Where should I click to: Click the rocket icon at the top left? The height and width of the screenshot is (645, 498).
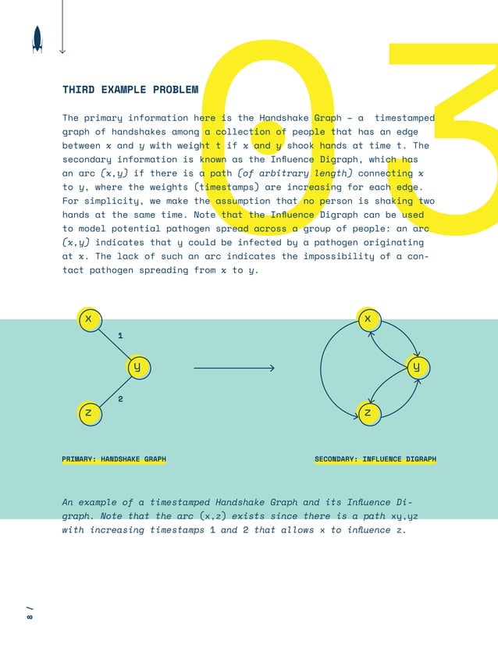[37, 39]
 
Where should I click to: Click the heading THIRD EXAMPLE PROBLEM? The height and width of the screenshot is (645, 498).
[130, 90]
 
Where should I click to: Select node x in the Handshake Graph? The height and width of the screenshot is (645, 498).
[89, 319]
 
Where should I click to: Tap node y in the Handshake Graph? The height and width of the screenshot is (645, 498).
[137, 366]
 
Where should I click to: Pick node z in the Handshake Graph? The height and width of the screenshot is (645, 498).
[89, 412]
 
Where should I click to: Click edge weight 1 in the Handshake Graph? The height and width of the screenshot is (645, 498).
[119, 335]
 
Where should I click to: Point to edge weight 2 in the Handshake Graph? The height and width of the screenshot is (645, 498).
[120, 399]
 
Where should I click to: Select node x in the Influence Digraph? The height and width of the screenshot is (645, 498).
[368, 319]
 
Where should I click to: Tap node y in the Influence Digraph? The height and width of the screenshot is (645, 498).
[417, 366]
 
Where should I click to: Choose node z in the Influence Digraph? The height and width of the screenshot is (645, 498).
[368, 412]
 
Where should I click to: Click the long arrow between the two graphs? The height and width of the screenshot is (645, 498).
[233, 367]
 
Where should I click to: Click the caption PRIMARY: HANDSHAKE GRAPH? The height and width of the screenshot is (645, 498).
[114, 459]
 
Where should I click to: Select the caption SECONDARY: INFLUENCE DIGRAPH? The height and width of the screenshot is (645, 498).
[375, 459]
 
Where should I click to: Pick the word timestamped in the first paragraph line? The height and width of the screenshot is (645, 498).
[404, 118]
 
